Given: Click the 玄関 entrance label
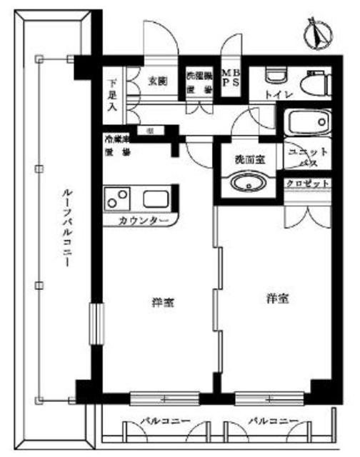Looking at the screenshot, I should (158, 80).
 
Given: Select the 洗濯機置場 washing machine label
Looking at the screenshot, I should (199, 81).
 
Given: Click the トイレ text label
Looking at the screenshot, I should (276, 92).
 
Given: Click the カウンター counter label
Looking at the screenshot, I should (144, 221).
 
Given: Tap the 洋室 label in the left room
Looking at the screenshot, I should (164, 303).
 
